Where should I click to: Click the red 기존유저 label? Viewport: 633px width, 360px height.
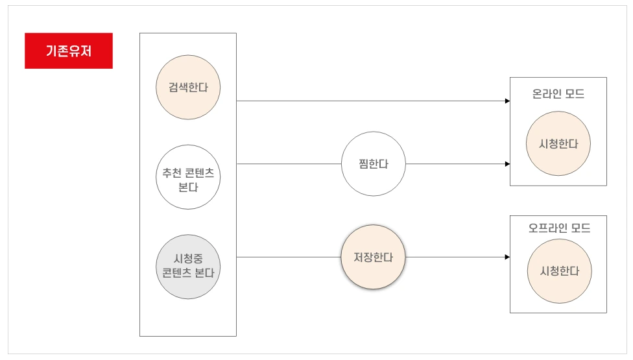69,51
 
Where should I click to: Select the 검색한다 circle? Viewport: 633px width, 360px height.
188,88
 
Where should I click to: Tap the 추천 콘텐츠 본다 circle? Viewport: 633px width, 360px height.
188,176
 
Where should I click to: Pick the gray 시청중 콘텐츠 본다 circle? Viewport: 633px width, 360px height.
188,267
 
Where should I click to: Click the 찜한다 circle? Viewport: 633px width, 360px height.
374,164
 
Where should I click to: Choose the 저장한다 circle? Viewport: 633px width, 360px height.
373,257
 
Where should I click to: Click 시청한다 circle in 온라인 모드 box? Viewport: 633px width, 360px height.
558,144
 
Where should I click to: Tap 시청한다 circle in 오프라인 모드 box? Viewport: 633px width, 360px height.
558,271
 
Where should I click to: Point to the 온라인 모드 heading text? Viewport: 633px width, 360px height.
558,94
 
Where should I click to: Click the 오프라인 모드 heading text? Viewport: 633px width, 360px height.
559,228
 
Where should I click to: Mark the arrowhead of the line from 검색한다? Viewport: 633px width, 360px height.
507,101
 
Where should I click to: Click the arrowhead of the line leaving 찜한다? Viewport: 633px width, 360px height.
507,164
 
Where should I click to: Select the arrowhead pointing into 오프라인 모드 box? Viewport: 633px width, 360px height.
507,257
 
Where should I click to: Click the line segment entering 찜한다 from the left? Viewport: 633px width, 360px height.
289,164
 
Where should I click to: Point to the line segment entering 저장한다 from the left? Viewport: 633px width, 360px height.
289,257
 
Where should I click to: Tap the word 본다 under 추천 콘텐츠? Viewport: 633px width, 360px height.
188,188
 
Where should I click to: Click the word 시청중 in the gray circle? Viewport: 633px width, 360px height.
188,259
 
